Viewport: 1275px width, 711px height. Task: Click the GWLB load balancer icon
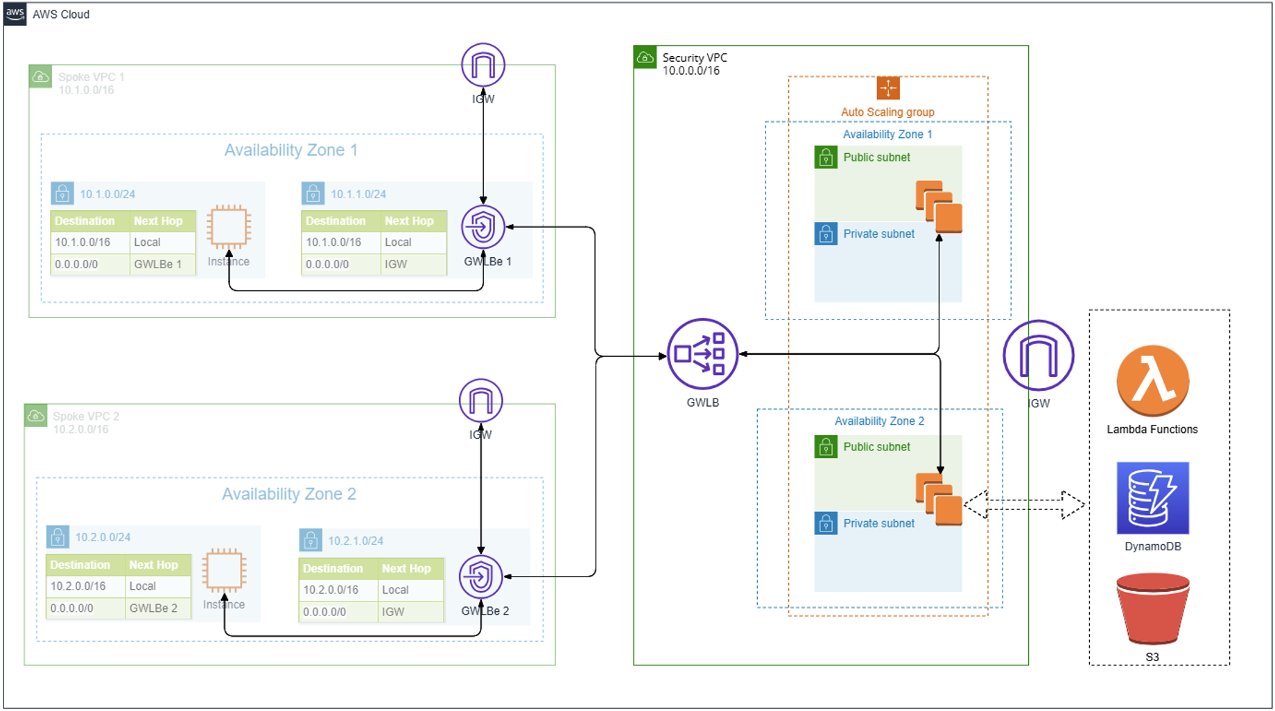tap(702, 354)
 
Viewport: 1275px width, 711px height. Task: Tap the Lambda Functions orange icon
tap(1152, 381)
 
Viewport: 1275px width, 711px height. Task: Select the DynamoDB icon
tap(1152, 498)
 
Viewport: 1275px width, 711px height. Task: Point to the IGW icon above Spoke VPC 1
tap(483, 65)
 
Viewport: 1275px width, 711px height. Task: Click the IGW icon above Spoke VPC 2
tap(480, 401)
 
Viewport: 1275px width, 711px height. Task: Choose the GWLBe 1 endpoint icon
tap(483, 227)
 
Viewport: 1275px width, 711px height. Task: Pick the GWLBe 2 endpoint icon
tap(480, 577)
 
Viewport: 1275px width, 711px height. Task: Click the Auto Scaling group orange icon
tap(887, 88)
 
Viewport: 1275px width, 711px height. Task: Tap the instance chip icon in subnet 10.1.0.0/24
tap(229, 227)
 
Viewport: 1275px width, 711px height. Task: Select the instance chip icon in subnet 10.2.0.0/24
tap(224, 570)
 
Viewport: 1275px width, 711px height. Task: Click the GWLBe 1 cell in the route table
tap(159, 264)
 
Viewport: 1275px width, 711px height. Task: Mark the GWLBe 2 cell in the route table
tap(154, 608)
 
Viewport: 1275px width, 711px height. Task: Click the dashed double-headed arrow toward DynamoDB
tap(1024, 504)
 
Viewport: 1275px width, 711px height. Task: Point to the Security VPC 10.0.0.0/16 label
tap(694, 64)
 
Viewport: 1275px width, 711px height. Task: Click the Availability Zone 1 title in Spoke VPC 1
tap(290, 150)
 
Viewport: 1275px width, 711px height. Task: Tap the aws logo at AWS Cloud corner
tap(15, 14)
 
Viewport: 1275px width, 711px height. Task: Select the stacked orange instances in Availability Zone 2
tap(939, 499)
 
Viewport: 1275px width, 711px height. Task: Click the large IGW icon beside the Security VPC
tap(1038, 355)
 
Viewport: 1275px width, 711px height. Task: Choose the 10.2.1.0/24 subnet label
tap(355, 541)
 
